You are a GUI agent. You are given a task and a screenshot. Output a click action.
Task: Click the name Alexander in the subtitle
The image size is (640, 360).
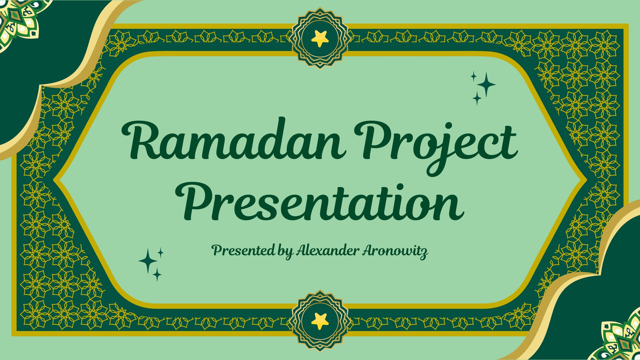(x=328, y=250)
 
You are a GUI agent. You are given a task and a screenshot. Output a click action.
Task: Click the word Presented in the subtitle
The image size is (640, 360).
(x=243, y=250)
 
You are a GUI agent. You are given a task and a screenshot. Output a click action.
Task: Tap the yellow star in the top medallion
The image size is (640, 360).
(x=320, y=38)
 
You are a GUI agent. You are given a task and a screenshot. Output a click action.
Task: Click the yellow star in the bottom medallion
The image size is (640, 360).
(x=320, y=321)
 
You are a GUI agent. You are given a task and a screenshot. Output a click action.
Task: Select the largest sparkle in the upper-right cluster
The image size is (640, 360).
(x=486, y=84)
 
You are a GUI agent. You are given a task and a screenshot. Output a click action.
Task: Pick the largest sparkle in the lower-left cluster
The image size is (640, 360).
(x=148, y=260)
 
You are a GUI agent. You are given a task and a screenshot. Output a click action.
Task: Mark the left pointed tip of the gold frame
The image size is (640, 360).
(x=54, y=180)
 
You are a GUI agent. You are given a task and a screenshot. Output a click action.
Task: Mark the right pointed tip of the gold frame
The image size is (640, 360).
(x=587, y=180)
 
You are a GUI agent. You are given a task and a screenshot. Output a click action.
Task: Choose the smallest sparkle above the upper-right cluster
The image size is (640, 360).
(x=474, y=76)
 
